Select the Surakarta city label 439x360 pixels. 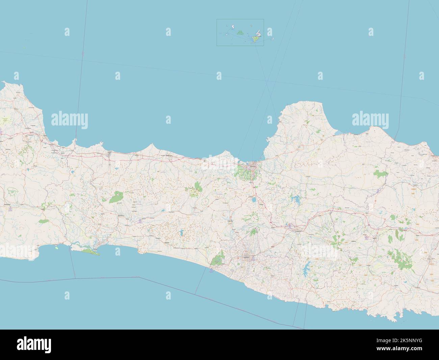click(x=297, y=231)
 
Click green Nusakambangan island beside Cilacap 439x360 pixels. click(x=89, y=251)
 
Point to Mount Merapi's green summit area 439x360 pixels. click(x=253, y=233)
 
